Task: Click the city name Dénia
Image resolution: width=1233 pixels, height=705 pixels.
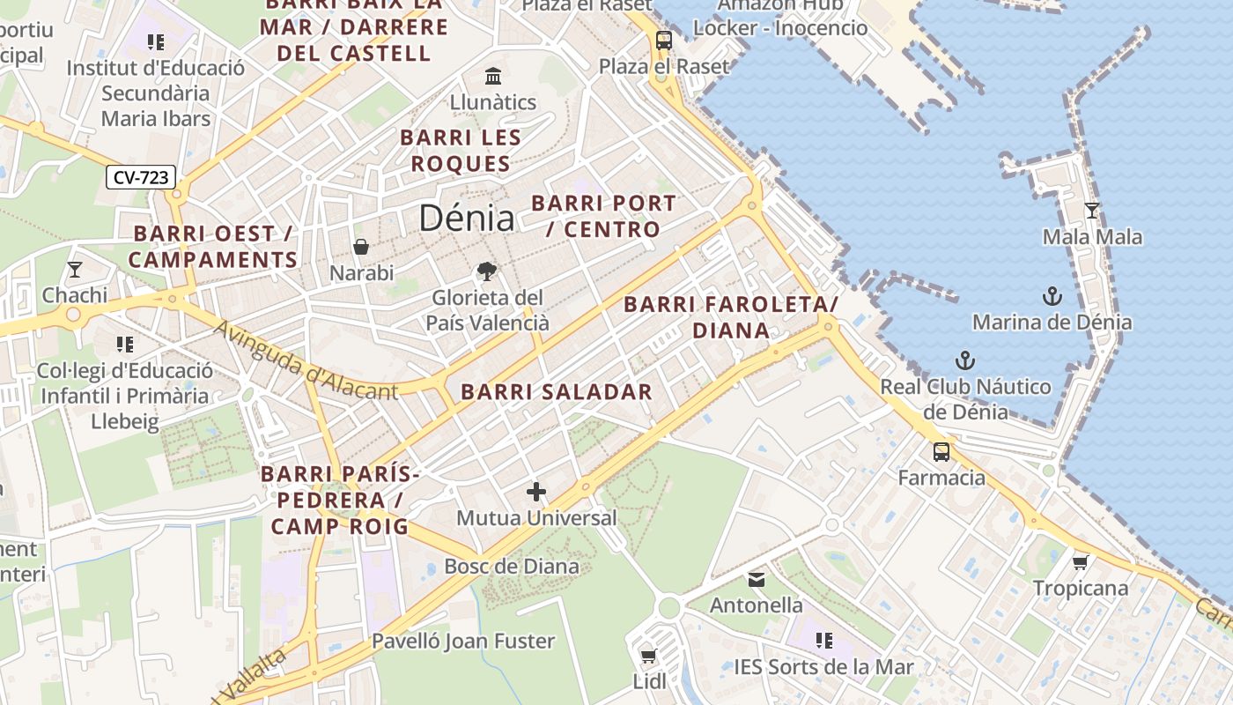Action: point(467,218)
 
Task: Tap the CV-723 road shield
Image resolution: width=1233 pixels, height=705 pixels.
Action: point(141,177)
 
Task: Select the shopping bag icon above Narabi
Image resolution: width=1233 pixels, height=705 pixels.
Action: point(361,247)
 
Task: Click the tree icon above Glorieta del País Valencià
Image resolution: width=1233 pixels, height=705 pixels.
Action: point(486,271)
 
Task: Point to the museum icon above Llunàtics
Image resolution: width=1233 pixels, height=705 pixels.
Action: point(493,76)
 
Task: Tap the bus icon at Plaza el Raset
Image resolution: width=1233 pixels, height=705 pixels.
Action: point(664,41)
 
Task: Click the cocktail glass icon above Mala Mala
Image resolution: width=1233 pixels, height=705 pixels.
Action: point(1092,211)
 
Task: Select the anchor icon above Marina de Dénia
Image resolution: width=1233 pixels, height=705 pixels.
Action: point(1052,295)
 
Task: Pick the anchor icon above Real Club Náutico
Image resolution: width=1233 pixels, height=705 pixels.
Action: point(966,360)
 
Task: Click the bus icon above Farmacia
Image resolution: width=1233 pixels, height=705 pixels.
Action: point(941,452)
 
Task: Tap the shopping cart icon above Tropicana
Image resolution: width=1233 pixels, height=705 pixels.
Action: point(1081,562)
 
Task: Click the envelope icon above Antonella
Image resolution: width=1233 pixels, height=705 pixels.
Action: point(757,580)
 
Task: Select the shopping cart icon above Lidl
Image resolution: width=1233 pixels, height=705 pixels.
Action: point(649,656)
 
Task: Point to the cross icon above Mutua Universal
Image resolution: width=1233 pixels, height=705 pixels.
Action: point(536,492)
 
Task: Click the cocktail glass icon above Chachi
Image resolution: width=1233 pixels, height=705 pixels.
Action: point(75,270)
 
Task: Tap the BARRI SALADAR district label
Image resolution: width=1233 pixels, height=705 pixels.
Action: point(557,392)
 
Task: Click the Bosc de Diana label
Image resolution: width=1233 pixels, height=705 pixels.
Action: point(512,566)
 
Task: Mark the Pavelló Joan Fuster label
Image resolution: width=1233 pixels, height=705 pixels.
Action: point(463,641)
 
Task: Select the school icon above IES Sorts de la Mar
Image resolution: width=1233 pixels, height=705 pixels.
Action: point(824,641)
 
